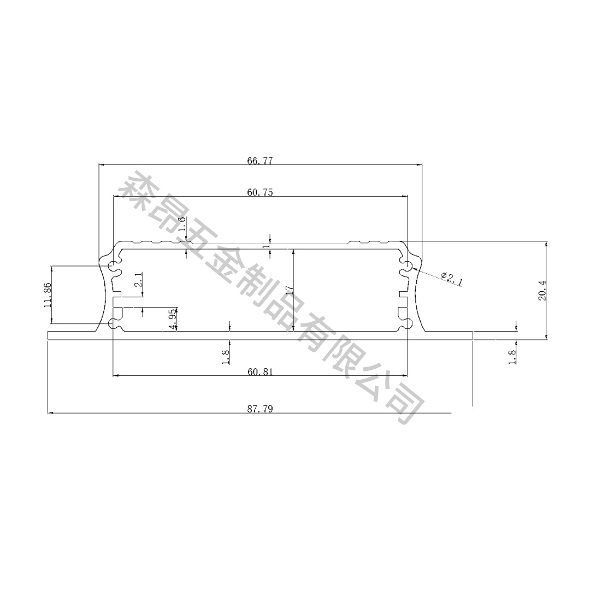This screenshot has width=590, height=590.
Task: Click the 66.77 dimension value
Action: tap(259, 161)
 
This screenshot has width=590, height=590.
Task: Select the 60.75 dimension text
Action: tap(259, 192)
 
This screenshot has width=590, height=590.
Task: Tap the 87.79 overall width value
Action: tap(259, 409)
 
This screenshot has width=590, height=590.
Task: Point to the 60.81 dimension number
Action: tap(259, 372)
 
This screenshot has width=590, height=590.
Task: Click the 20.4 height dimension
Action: tap(542, 290)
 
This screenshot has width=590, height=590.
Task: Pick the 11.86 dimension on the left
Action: tap(48, 295)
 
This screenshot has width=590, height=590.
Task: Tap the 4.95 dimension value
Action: tap(173, 319)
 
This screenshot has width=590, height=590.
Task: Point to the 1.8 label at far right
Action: tap(512, 357)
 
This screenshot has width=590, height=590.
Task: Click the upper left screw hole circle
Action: tap(114, 267)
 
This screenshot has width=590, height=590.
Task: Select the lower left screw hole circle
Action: tap(114, 324)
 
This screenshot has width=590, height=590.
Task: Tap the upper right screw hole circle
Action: tap(406, 267)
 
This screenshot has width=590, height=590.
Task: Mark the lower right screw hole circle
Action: tap(406, 324)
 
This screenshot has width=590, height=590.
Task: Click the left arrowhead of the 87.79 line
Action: tap(50, 413)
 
